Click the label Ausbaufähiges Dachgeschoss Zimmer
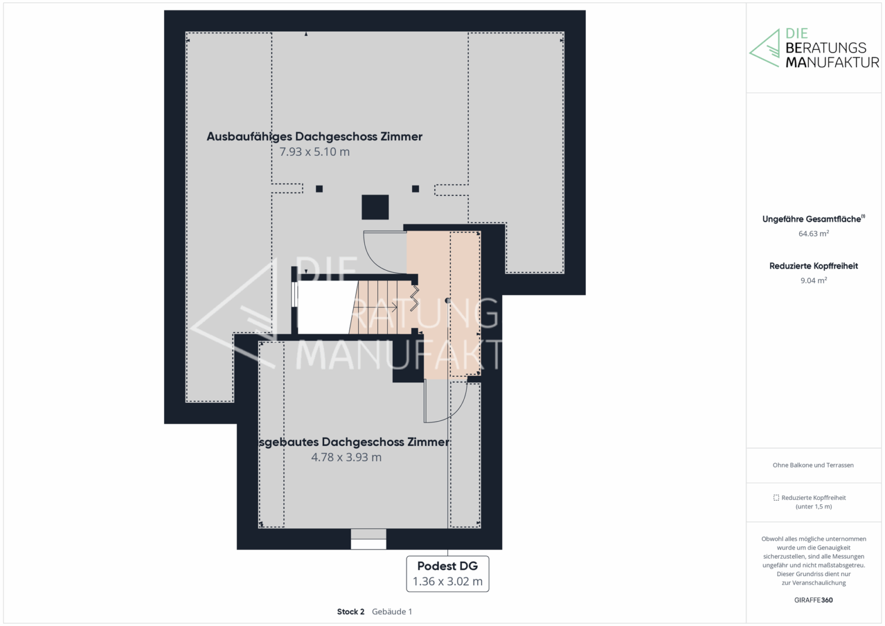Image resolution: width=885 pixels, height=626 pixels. [x=315, y=137]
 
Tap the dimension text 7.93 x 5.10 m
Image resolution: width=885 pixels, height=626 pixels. [x=315, y=152]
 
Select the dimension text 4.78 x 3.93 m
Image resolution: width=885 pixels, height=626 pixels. [x=347, y=457]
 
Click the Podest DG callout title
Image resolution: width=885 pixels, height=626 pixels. [x=447, y=566]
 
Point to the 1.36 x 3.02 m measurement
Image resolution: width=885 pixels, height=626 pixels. [x=447, y=581]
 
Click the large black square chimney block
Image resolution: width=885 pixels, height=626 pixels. [x=375, y=207]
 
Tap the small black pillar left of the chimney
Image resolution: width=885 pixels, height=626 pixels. [x=319, y=189]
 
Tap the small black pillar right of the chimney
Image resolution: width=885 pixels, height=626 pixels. [x=415, y=189]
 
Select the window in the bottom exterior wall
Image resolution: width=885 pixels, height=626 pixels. [x=368, y=539]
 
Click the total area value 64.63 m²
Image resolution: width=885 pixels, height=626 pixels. [x=814, y=234]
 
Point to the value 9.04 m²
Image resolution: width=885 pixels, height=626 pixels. [x=814, y=280]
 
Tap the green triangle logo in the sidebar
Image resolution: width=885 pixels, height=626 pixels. [x=764, y=48]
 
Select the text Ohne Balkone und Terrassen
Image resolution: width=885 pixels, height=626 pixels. [x=813, y=465]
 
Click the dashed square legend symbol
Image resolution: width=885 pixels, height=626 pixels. [x=776, y=497]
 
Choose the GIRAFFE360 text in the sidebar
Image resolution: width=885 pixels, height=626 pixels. [x=813, y=600]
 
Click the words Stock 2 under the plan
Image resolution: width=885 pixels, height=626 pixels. [x=351, y=612]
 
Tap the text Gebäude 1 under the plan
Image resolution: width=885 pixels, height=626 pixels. [x=392, y=612]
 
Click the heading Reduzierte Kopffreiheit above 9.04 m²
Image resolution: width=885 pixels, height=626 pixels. [x=814, y=266]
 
